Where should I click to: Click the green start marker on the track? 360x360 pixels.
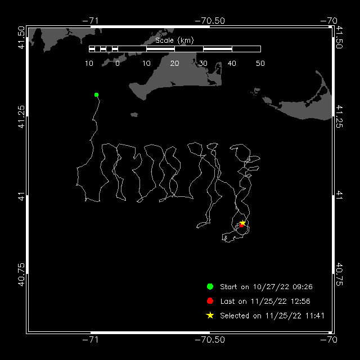(96, 95)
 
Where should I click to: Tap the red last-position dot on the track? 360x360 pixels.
(241, 226)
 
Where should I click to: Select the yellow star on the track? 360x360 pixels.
(242, 223)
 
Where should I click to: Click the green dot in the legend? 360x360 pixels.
(210, 286)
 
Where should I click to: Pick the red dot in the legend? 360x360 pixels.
(210, 301)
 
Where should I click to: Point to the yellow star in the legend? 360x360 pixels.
(210, 316)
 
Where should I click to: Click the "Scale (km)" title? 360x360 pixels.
(174, 40)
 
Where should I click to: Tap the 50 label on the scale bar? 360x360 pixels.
(260, 64)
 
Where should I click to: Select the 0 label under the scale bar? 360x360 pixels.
(118, 64)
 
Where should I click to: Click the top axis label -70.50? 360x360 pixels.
(210, 21)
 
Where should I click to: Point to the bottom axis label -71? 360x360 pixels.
(91, 339)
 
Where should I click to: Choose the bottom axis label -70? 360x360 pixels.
(328, 339)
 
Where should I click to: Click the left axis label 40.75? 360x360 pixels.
(21, 274)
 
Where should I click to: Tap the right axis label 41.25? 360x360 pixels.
(339, 116)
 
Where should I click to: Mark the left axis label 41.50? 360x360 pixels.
(21, 38)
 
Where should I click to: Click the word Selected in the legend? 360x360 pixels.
(235, 316)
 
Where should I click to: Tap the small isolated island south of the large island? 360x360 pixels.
(134, 115)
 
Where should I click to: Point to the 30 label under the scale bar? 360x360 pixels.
(203, 64)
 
